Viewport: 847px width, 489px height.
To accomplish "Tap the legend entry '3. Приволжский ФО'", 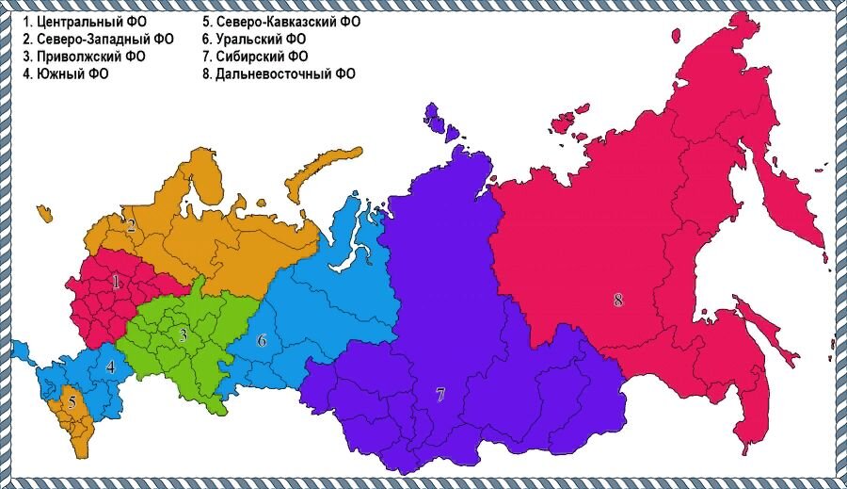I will (85, 57).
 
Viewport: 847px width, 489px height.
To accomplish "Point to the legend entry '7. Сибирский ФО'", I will (255, 57).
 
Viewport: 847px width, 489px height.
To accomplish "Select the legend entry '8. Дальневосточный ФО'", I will (279, 73).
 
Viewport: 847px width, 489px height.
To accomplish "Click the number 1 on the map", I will (117, 281).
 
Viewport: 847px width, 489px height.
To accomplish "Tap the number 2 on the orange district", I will (132, 225).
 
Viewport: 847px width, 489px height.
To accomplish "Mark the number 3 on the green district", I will (184, 334).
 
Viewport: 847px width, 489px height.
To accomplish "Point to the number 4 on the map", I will (111, 367).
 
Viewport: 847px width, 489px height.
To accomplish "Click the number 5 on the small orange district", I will (72, 401).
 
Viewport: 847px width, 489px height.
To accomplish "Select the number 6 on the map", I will (262, 340).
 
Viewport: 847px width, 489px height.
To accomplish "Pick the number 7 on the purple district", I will (439, 395).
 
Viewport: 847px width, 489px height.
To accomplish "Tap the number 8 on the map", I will (618, 301).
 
